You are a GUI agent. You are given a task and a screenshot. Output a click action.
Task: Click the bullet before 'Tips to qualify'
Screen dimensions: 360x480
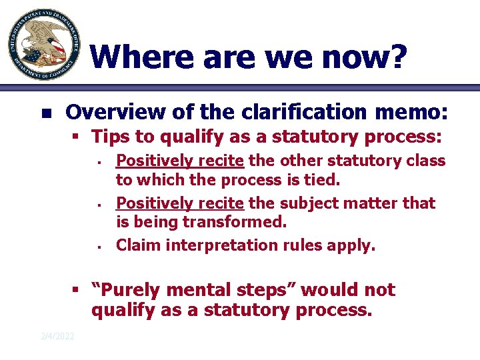(77, 137)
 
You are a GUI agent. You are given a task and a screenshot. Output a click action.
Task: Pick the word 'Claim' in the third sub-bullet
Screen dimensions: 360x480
(138, 245)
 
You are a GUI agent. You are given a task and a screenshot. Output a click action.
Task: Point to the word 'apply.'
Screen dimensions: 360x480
(355, 245)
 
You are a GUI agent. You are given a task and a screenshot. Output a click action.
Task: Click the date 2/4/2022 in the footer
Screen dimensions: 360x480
(57, 335)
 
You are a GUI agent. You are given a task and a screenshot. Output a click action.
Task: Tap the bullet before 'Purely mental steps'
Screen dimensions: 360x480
(77, 291)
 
